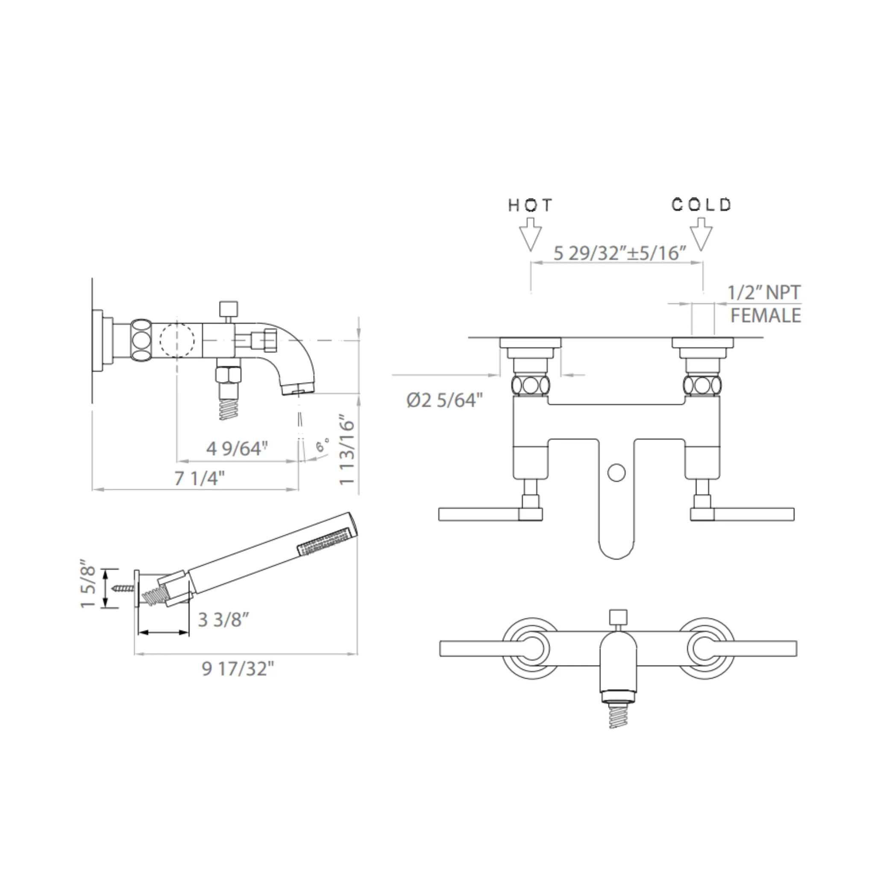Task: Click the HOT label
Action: [530, 206]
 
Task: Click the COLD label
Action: [701, 205]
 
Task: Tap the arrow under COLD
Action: [701, 234]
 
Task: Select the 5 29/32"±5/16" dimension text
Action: [620, 253]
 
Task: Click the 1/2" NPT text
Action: [763, 292]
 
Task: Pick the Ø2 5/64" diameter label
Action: [444, 400]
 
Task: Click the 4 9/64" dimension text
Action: [237, 449]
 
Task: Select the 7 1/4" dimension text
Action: [199, 478]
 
